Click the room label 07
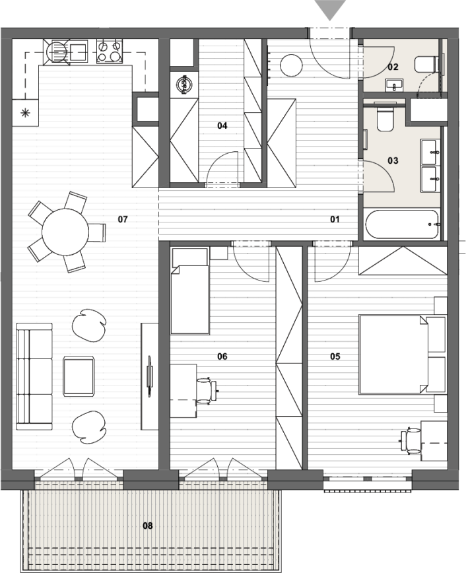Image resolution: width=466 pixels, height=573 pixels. click(123, 219)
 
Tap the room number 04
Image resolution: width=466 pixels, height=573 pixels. click(222, 125)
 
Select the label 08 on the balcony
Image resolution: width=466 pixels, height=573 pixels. click(148, 525)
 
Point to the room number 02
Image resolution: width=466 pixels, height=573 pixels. click(393, 67)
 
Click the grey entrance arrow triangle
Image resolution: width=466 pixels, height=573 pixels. click(331, 9)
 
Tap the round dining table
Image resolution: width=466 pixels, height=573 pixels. click(65, 232)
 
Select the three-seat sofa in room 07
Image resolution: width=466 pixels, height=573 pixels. click(34, 376)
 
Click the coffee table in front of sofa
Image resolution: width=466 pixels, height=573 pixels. click(79, 376)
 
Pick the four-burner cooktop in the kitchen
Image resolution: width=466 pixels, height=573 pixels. click(110, 51)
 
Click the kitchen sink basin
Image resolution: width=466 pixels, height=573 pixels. click(79, 51)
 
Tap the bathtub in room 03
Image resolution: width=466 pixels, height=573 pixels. click(403, 224)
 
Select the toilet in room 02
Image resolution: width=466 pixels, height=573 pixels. click(426, 64)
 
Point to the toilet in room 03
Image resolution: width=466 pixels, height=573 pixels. click(385, 118)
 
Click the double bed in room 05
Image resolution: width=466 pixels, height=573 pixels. click(393, 354)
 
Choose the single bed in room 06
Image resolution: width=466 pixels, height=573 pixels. click(190, 291)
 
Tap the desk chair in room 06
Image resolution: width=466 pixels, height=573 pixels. click(206, 391)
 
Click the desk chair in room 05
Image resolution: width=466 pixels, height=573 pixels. click(411, 442)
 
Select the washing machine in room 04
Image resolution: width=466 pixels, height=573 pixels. click(184, 85)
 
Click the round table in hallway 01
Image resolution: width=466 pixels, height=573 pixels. click(291, 65)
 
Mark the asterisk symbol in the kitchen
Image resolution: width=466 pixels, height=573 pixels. click(25, 113)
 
